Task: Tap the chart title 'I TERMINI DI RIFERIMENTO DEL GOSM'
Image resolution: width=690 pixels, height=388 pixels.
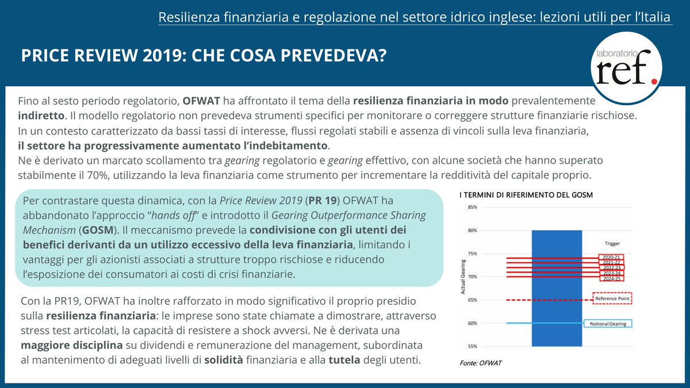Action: (x=526, y=195)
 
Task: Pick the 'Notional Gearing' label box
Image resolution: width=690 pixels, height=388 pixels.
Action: (x=607, y=324)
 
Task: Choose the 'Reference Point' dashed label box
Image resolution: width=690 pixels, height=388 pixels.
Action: (x=612, y=299)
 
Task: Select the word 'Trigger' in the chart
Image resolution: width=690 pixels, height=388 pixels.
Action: (x=612, y=243)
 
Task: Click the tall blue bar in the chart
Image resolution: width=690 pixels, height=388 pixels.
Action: (x=557, y=287)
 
